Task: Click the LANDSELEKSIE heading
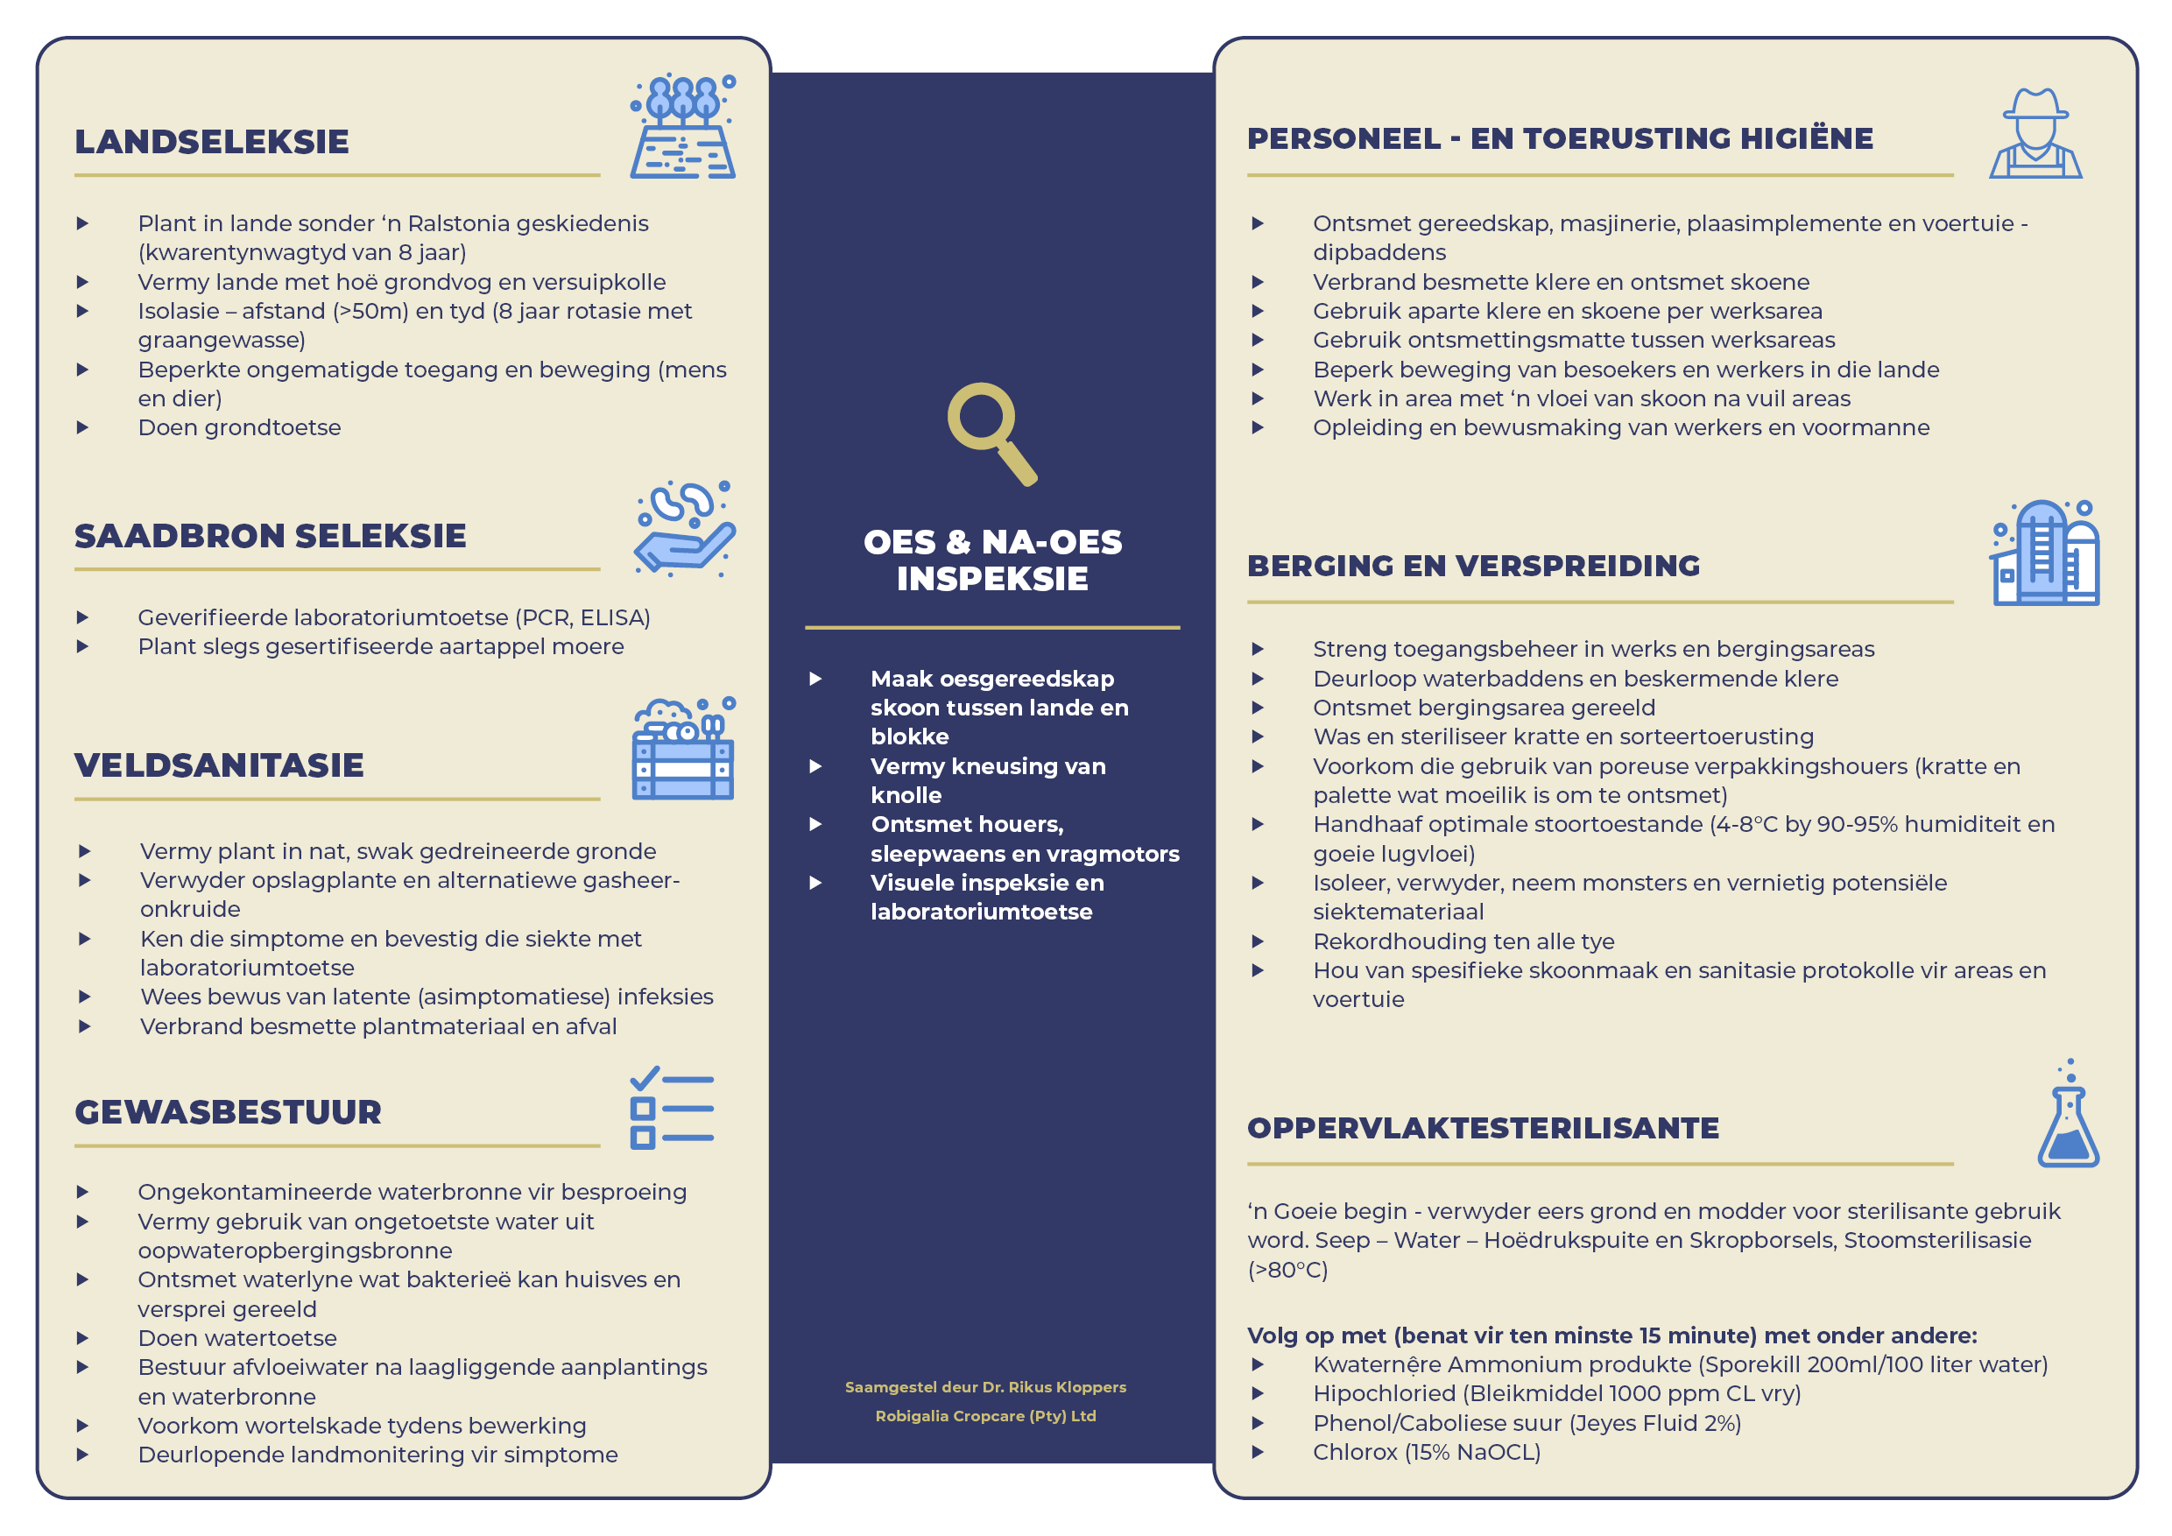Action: pyautogui.click(x=212, y=142)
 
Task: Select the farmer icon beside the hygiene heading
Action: pyautogui.click(x=2034, y=133)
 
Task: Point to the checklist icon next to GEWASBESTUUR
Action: pyautogui.click(x=672, y=1109)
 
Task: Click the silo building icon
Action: pyautogui.click(x=2045, y=553)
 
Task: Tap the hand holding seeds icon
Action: pyautogui.click(x=684, y=529)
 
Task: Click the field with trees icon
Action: pyautogui.click(x=683, y=127)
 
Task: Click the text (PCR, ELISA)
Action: pyautogui.click(x=582, y=617)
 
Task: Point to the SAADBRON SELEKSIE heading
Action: pyautogui.click(x=271, y=536)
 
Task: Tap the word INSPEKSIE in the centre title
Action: pyautogui.click(x=992, y=579)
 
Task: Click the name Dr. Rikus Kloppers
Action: pyautogui.click(x=1054, y=1386)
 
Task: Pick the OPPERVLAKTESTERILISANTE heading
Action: pyautogui.click(x=1483, y=1128)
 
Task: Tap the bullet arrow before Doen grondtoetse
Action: pyautogui.click(x=83, y=427)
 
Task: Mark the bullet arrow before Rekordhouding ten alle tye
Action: pyautogui.click(x=1258, y=941)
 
